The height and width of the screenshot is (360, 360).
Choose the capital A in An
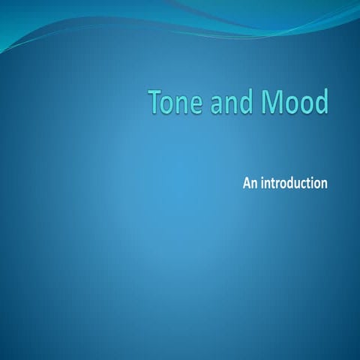pyautogui.click(x=246, y=182)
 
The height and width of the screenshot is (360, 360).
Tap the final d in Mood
pyautogui.click(x=321, y=103)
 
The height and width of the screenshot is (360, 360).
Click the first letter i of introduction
pyautogui.click(x=262, y=182)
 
